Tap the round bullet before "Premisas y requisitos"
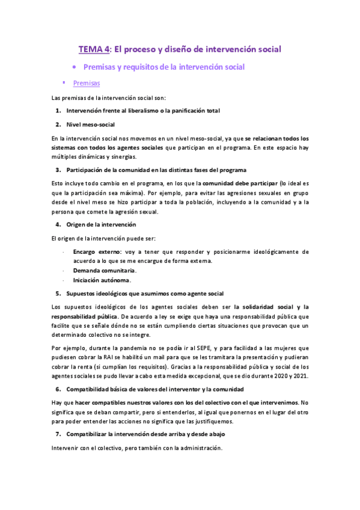74,67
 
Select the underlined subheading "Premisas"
86,83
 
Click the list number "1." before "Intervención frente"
58,111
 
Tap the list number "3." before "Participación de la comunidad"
58,170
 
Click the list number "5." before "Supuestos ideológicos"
58,293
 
